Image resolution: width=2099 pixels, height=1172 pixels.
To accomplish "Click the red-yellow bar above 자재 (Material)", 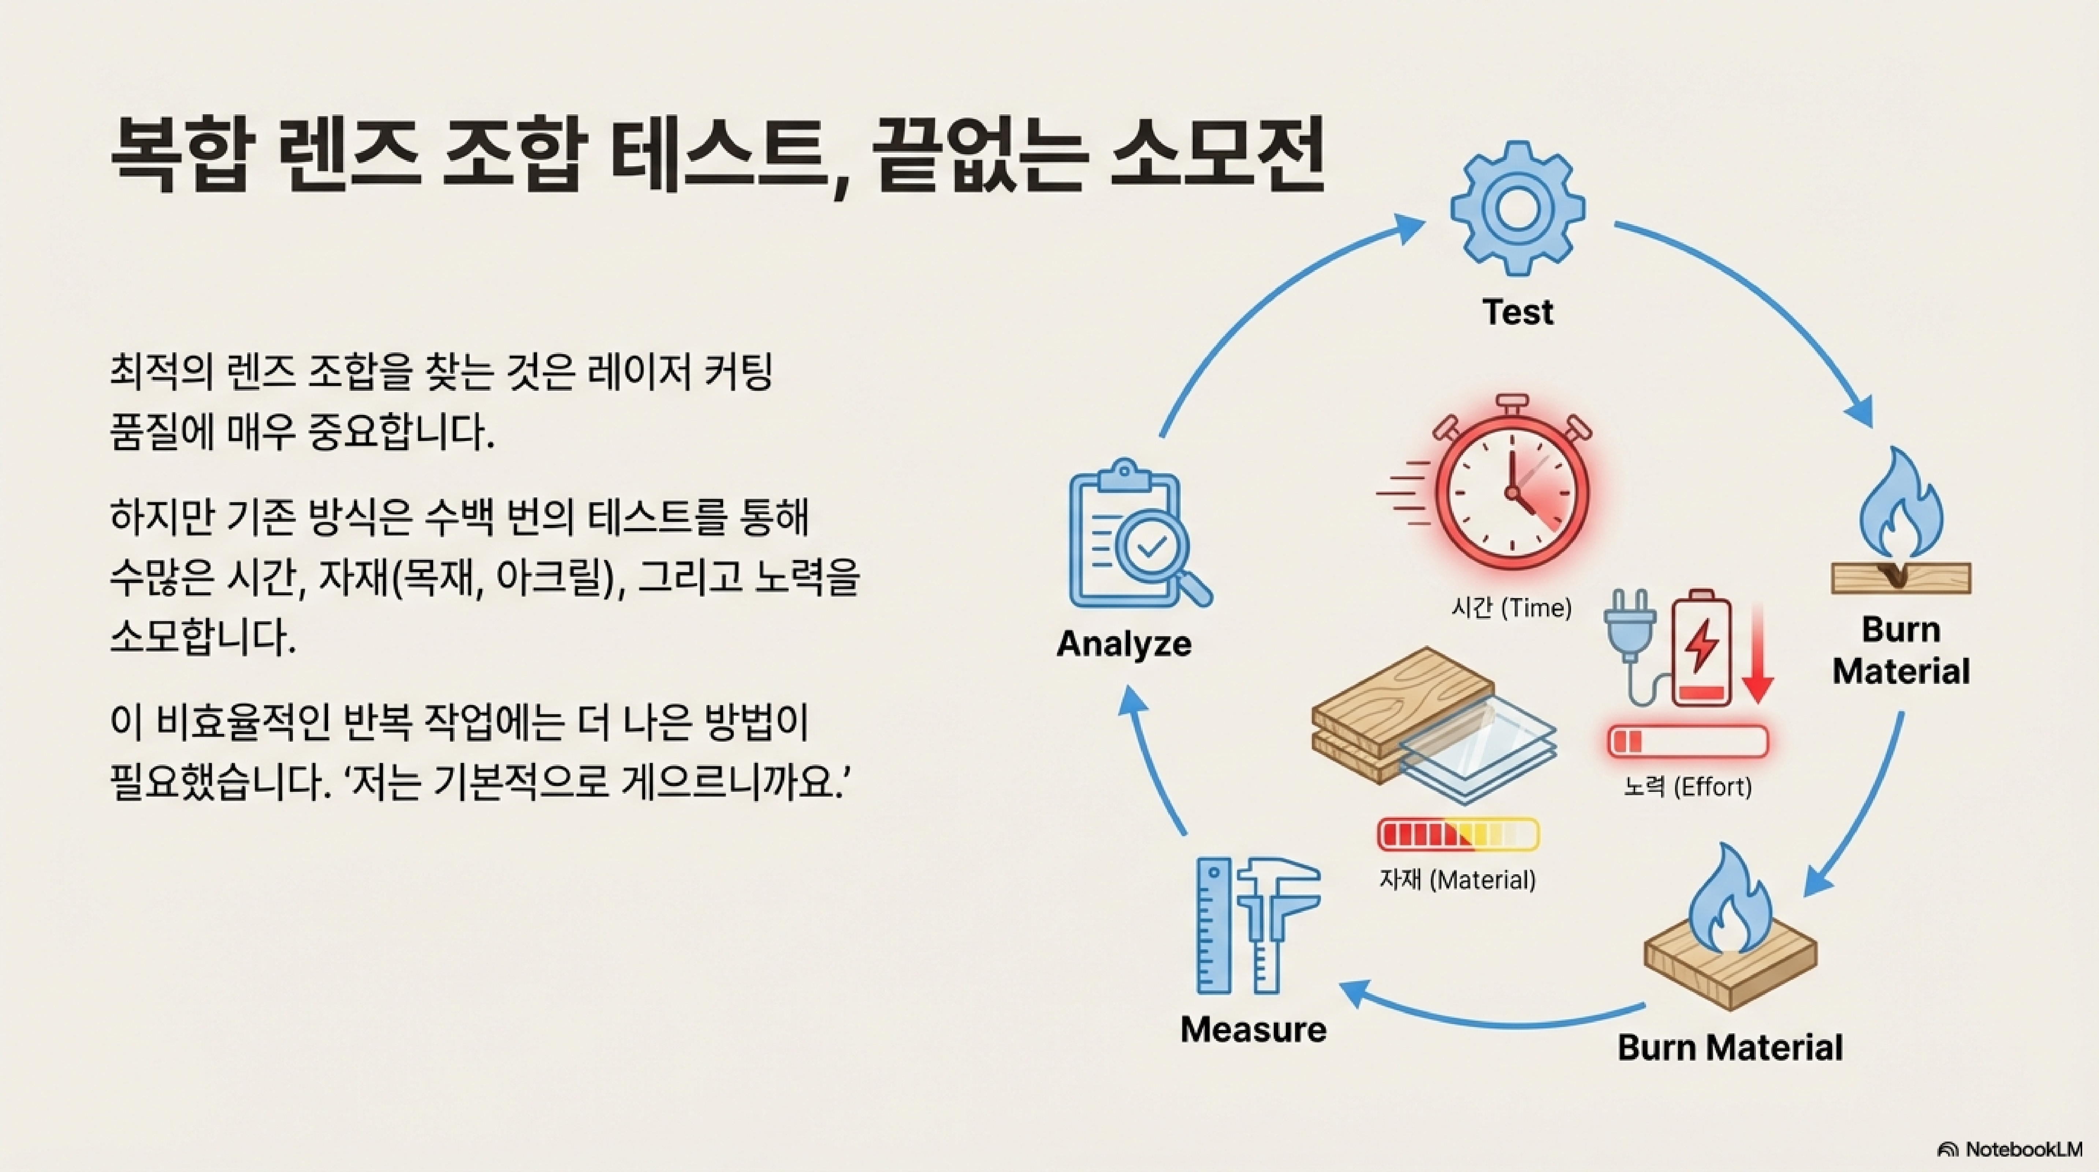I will coord(1458,835).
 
